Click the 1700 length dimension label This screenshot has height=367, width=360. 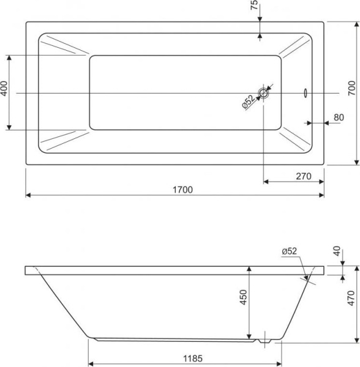tap(182, 190)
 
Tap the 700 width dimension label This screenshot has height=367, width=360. tap(352, 88)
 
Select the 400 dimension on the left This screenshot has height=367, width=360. tap(4, 89)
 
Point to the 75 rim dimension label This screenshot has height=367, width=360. tap(254, 5)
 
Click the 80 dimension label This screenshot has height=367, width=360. tap(339, 117)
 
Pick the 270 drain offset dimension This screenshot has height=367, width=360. tap(304, 176)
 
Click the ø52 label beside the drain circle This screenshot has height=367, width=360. tap(248, 102)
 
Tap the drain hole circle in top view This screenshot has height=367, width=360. tap(263, 93)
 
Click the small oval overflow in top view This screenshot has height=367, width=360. tap(306, 93)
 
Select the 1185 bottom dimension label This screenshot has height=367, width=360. tap(193, 358)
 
